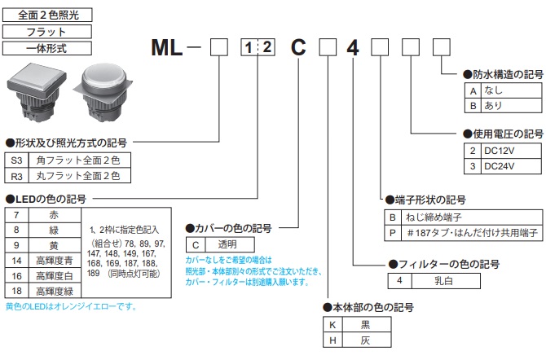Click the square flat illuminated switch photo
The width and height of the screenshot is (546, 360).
coord(36,94)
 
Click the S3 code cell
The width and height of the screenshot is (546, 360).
coord(17,160)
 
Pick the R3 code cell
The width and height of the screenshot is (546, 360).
coord(17,175)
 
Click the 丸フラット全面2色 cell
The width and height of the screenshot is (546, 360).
coord(82,175)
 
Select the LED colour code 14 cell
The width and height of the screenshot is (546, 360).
coord(17,261)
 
